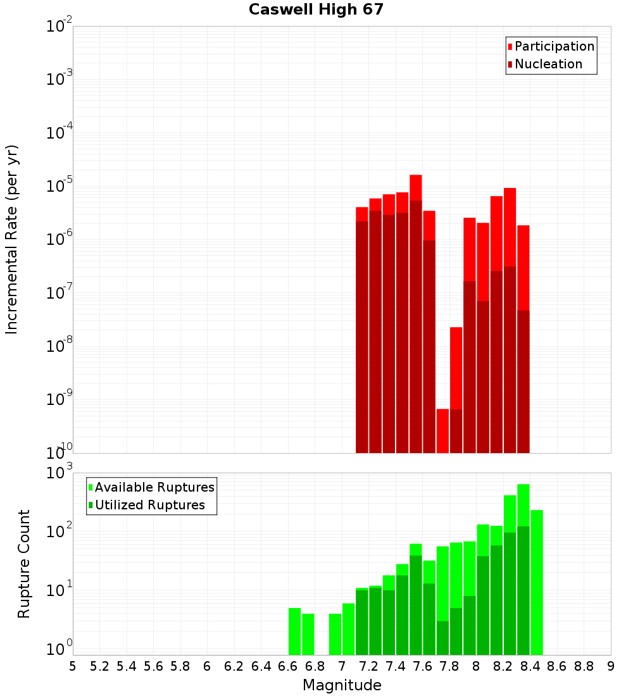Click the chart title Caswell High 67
point(316,9)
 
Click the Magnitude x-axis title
point(342,685)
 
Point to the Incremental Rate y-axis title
point(11,239)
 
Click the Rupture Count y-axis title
point(24,563)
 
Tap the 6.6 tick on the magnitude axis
point(288,666)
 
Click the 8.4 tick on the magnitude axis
point(530,666)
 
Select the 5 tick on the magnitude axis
point(73,666)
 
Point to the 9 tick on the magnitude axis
point(611,666)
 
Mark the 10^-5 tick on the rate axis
point(60,187)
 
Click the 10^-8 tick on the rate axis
point(60,346)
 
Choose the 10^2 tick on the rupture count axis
point(60,531)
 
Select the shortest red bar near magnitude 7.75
point(442,430)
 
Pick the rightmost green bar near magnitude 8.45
point(537,582)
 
